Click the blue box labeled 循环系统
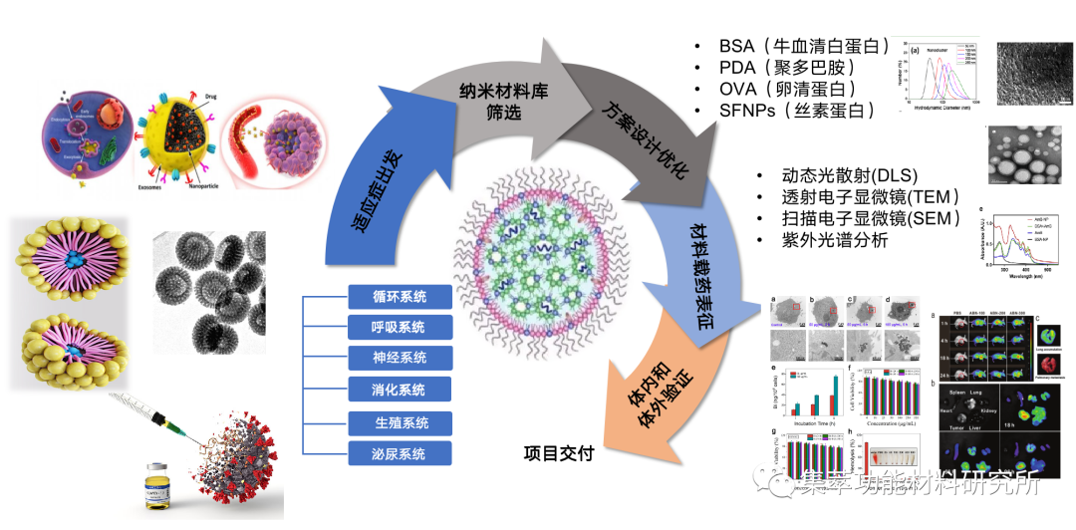(x=400, y=296)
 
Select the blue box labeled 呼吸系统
(x=400, y=327)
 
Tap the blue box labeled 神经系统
(x=400, y=359)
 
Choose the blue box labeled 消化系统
(x=400, y=390)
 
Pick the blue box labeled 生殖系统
(x=400, y=422)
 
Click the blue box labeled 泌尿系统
(x=400, y=454)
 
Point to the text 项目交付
(x=559, y=454)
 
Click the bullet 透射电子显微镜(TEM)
(x=858, y=196)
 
